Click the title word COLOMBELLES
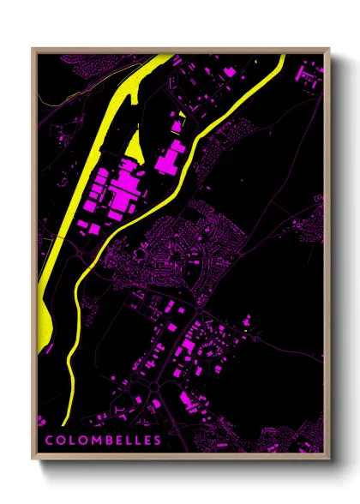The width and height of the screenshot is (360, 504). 103,441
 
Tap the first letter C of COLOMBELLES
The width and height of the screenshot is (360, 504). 49,441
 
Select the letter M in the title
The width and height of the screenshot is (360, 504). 92,441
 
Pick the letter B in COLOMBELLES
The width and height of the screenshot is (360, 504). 105,441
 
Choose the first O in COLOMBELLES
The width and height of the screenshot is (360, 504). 60,441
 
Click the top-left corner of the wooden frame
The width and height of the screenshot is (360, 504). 33,49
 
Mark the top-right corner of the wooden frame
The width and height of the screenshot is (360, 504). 330,49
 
